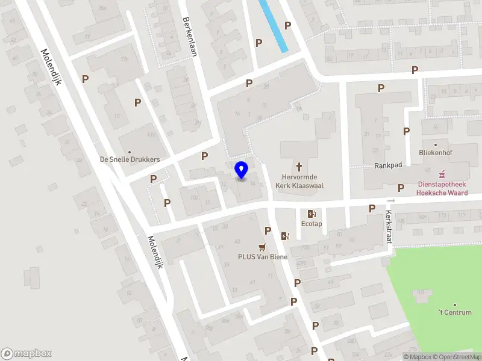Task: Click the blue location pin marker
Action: click(242, 170)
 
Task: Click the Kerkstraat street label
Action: click(389, 227)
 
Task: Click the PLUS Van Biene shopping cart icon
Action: click(262, 246)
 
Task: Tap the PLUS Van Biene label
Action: click(262, 257)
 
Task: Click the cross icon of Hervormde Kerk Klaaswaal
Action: click(299, 165)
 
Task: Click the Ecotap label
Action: click(311, 224)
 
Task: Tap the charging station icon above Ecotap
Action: click(311, 214)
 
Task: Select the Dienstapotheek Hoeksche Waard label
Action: click(442, 188)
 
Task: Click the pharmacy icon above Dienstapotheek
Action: click(443, 174)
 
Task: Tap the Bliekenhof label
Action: click(436, 153)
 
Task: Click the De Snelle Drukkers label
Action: click(130, 159)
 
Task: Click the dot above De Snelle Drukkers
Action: click(130, 152)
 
